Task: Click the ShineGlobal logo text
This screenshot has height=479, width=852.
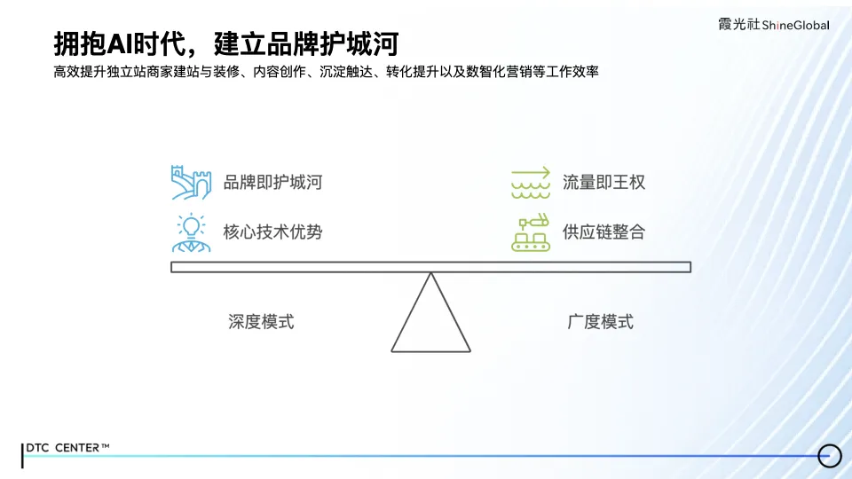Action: click(x=795, y=26)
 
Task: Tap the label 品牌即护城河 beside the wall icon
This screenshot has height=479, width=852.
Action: click(x=272, y=183)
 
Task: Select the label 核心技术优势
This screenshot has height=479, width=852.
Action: click(x=272, y=232)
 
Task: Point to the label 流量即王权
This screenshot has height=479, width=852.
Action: click(x=603, y=183)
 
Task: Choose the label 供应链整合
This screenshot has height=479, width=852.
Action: click(x=603, y=232)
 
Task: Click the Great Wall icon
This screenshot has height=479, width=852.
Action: click(x=191, y=182)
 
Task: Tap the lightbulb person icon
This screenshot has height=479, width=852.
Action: click(x=190, y=232)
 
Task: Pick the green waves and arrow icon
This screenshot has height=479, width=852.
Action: click(x=531, y=182)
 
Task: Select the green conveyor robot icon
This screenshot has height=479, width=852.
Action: click(x=531, y=232)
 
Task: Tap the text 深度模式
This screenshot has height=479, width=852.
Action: click(x=261, y=322)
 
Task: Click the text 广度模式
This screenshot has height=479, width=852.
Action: click(x=601, y=322)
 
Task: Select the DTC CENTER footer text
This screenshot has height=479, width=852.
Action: click(x=69, y=448)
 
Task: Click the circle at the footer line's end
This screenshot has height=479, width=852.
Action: click(x=829, y=455)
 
